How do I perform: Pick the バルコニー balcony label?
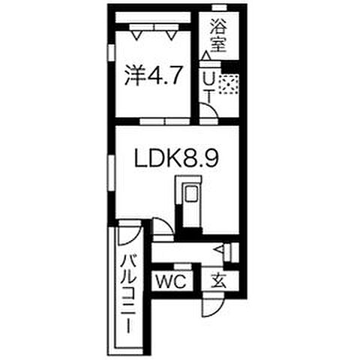(x=128, y=292)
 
